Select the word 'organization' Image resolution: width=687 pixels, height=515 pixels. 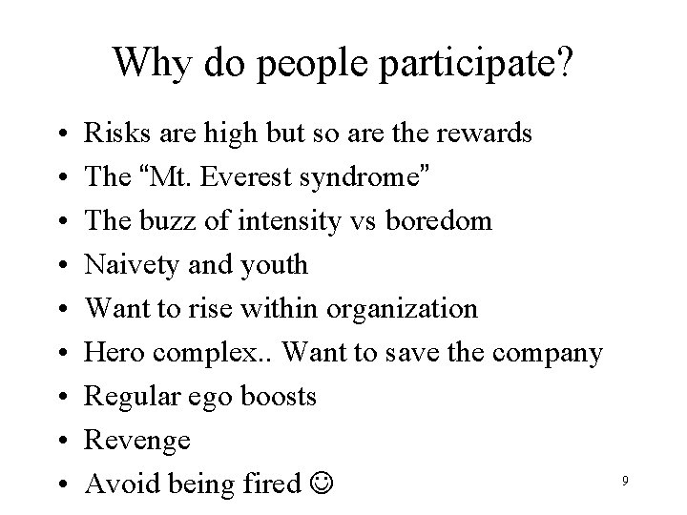coord(402,309)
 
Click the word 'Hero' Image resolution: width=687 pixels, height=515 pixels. coord(111,353)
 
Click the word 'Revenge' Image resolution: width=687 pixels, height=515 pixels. coord(137,441)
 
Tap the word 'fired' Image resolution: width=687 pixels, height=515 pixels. coord(273,484)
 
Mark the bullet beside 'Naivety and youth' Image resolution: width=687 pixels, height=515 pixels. coord(60,266)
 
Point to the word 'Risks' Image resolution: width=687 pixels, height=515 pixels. coord(113,133)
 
